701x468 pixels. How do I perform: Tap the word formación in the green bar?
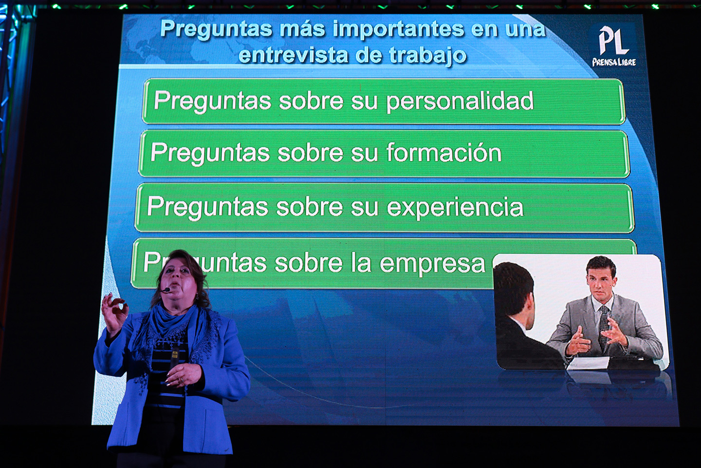tap(444, 153)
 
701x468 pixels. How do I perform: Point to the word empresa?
tap(432, 264)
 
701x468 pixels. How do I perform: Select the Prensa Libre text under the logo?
tap(614, 62)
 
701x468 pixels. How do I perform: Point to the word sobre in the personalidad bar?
tap(311, 101)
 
